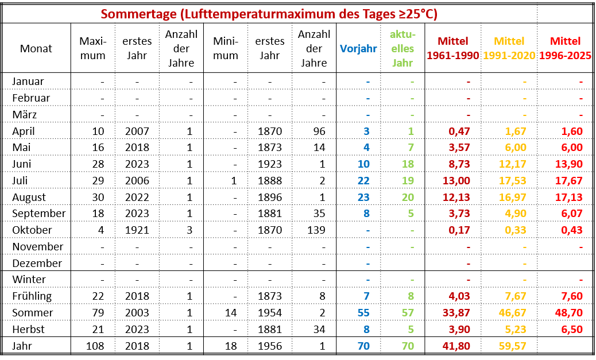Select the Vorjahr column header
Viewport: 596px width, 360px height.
coord(358,49)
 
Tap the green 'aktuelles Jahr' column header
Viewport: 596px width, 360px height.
coord(403,49)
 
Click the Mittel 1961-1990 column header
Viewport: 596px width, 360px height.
coord(453,49)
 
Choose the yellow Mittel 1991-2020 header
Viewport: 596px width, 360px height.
coord(509,49)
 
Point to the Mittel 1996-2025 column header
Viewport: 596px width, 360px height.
coord(565,49)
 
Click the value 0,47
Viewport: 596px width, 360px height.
coord(459,131)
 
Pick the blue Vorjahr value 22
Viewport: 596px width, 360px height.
coord(363,181)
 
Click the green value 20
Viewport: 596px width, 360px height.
coord(408,198)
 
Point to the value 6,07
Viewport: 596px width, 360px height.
coord(571,214)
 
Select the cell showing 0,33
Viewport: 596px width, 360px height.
coord(515,230)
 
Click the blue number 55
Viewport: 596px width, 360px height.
coord(363,313)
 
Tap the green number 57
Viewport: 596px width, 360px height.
coord(408,313)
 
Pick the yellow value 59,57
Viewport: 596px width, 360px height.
coord(512,346)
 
